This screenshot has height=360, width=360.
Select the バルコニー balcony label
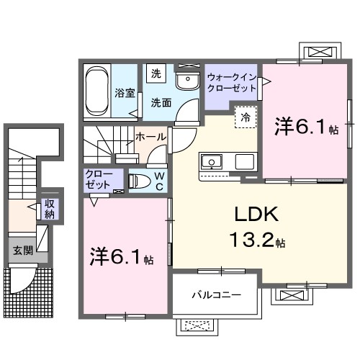[215, 294]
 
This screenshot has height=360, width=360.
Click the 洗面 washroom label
[159, 103]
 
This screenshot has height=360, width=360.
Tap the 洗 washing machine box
[156, 73]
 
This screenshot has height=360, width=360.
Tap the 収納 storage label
[50, 209]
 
